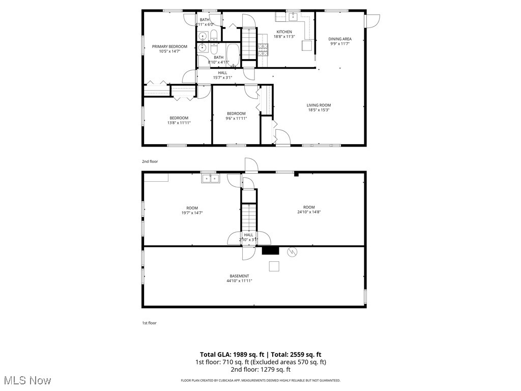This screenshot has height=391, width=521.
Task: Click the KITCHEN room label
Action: (x=284, y=32)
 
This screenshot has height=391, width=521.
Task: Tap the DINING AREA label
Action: (x=340, y=39)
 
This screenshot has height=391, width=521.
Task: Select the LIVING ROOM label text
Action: (x=319, y=105)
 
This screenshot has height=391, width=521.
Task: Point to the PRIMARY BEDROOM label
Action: (x=169, y=46)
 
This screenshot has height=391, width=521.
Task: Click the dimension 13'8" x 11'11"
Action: (x=179, y=123)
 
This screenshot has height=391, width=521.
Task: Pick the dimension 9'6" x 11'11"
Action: (x=236, y=118)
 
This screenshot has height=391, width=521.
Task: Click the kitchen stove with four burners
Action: (x=263, y=49)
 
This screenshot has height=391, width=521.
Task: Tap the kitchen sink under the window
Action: (x=294, y=17)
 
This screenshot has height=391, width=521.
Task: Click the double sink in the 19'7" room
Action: (x=210, y=178)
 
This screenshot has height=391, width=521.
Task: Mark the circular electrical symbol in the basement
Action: (x=293, y=252)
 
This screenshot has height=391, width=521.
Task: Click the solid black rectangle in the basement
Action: (x=271, y=250)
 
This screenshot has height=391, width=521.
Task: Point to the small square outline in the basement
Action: (x=274, y=266)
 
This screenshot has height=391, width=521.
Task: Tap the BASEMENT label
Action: (x=239, y=276)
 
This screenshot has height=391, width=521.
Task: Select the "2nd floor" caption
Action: (x=150, y=161)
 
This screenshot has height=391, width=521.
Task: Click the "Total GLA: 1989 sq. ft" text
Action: (x=233, y=354)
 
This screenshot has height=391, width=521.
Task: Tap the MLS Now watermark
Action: (x=26, y=380)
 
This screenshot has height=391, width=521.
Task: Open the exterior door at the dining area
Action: (x=373, y=21)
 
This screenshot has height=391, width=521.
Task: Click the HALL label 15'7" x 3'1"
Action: (x=222, y=73)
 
